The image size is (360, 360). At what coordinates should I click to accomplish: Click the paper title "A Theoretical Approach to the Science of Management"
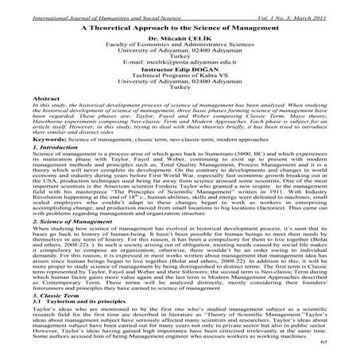coord(179,25)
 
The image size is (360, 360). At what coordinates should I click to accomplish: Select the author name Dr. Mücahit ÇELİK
coord(180,37)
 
